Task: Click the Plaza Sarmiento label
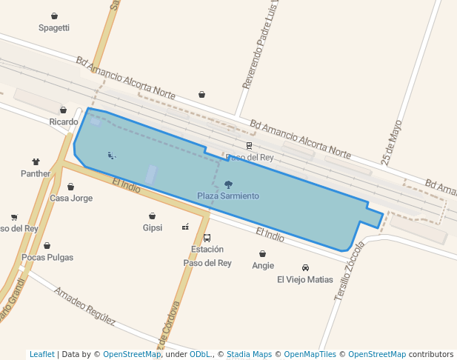[x=228, y=196]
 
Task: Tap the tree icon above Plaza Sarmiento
[x=228, y=184]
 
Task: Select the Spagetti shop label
[x=54, y=28]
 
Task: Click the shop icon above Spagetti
[x=54, y=16]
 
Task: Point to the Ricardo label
[x=64, y=121]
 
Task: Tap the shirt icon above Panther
[x=36, y=161]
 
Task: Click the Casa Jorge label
[x=71, y=199]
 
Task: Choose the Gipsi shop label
[x=153, y=227]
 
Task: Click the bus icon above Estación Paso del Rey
[x=207, y=239]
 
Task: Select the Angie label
[x=263, y=265]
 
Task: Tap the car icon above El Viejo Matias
[x=305, y=267]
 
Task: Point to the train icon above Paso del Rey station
[x=249, y=146]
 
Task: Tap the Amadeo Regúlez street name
[x=84, y=306]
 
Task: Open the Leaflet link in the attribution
[x=41, y=354]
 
